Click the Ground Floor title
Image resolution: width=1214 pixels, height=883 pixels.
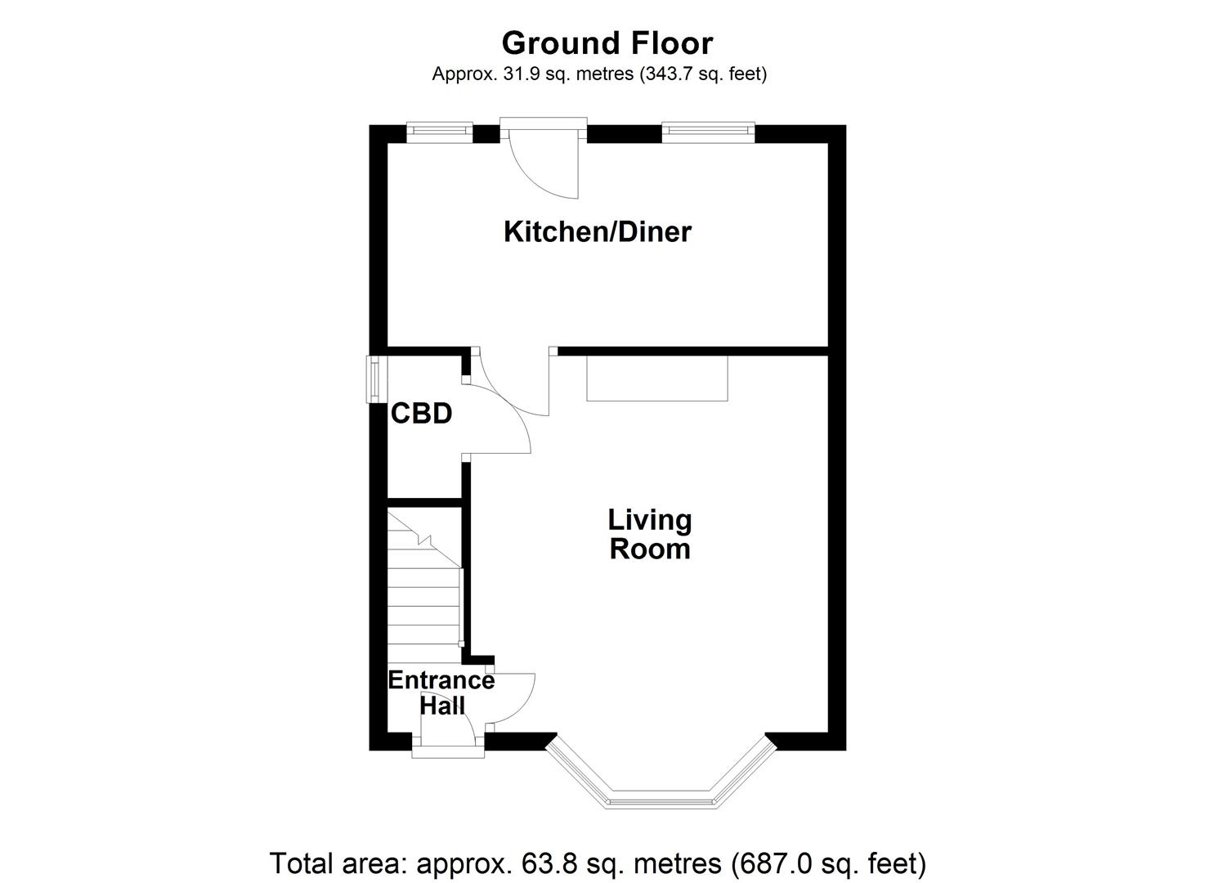[x=607, y=43]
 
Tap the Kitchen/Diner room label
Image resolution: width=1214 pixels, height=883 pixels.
[x=598, y=232]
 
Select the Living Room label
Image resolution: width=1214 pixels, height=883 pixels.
[x=650, y=534]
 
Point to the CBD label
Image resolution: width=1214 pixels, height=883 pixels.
[x=422, y=414]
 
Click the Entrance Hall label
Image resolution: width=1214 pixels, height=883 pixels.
[x=441, y=693]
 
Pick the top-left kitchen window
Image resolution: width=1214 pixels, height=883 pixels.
[x=440, y=130]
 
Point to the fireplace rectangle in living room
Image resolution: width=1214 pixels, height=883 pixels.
[x=657, y=379]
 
